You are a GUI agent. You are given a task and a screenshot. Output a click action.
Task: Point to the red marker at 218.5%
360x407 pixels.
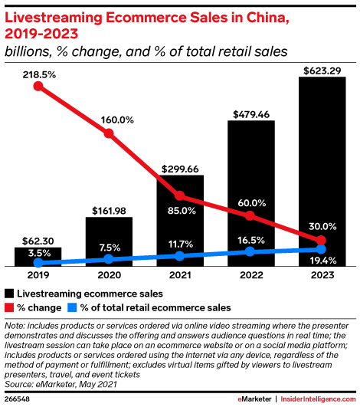[x=38, y=87]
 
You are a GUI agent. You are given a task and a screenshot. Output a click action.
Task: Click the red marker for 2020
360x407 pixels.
[x=109, y=133]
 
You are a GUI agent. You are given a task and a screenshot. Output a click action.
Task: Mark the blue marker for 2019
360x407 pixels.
[x=38, y=263]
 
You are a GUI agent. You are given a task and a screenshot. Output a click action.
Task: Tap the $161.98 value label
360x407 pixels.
[x=109, y=208]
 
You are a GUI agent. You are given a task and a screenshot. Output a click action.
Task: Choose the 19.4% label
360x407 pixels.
[x=322, y=261]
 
